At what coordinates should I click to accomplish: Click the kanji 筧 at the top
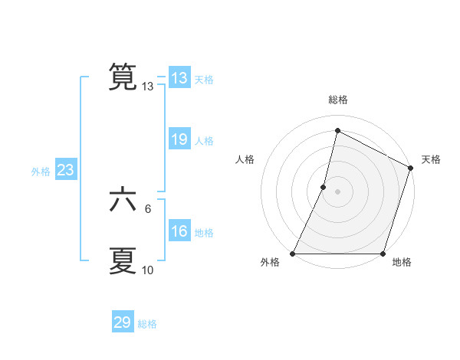(x=123, y=77)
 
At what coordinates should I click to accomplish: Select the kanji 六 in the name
(x=123, y=201)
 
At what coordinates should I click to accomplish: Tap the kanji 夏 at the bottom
(x=123, y=260)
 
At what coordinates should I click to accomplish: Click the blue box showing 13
(x=179, y=78)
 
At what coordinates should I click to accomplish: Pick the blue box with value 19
(x=179, y=139)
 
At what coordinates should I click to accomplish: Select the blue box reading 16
(x=179, y=231)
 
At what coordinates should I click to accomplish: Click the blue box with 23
(x=65, y=170)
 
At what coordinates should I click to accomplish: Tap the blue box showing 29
(x=123, y=322)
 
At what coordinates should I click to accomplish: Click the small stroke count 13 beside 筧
(x=148, y=87)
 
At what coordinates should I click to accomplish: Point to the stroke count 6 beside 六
(x=148, y=208)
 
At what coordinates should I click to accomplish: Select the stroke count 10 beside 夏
(x=148, y=270)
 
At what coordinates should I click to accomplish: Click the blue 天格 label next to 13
(x=204, y=80)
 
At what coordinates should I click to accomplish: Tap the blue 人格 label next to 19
(x=204, y=141)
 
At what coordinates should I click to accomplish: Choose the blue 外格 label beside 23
(x=41, y=172)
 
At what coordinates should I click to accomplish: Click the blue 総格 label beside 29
(x=147, y=324)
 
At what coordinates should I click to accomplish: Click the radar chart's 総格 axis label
(x=337, y=100)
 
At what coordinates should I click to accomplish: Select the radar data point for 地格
(x=383, y=254)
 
